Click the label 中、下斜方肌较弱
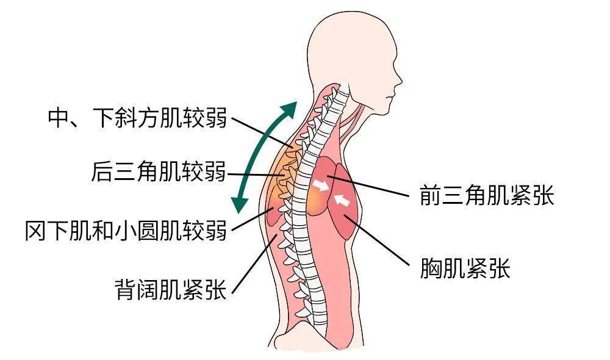(137, 117)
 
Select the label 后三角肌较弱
(159, 171)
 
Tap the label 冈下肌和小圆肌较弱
(126, 231)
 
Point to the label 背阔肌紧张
(171, 289)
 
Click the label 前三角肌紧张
(487, 195)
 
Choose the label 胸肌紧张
(465, 268)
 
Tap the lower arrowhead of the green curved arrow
(239, 204)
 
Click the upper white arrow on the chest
(321, 185)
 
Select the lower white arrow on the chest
(342, 200)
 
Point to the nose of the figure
(398, 81)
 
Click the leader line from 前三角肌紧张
(369, 186)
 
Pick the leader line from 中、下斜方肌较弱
(262, 132)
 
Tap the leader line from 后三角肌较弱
(256, 175)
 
